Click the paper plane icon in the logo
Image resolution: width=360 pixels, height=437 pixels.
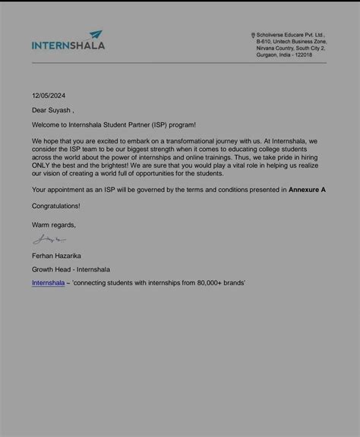click(x=96, y=35)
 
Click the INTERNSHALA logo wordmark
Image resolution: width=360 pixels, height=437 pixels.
click(x=68, y=46)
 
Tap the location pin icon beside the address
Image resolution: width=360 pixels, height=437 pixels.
click(x=253, y=35)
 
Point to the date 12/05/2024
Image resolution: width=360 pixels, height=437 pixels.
click(x=49, y=96)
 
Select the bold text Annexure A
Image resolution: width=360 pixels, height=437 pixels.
click(x=307, y=189)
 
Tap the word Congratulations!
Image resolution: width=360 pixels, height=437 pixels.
click(x=55, y=206)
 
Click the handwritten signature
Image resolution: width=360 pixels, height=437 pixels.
click(x=49, y=241)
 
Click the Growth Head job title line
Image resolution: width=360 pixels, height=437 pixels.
click(x=71, y=269)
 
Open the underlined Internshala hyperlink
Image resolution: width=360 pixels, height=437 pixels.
click(x=48, y=283)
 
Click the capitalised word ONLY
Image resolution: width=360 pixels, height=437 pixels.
click(x=43, y=165)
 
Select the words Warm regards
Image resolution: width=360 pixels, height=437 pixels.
click(x=53, y=225)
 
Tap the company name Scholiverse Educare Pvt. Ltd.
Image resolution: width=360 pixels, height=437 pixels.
click(x=291, y=35)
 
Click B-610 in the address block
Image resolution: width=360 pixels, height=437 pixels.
click(x=264, y=42)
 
